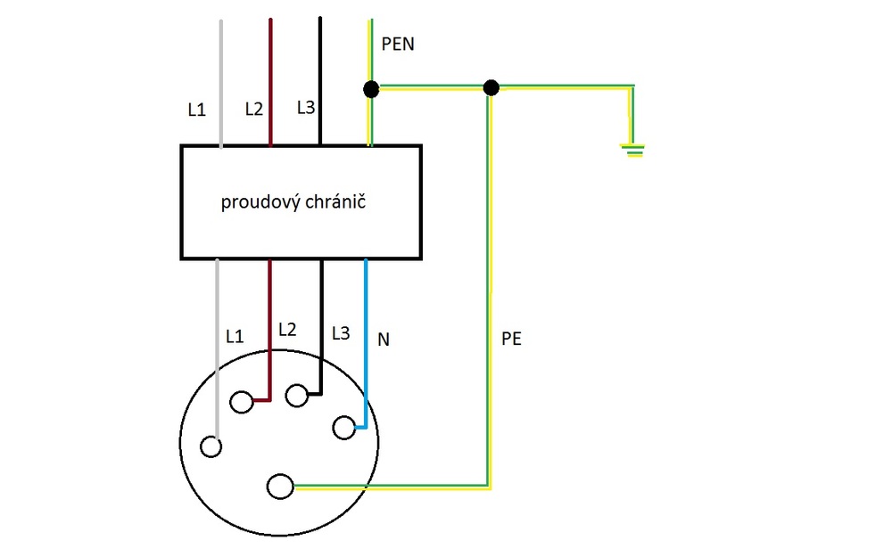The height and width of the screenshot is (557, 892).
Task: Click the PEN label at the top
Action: pos(397,44)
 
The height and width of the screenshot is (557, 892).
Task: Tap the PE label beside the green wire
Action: pos(512,339)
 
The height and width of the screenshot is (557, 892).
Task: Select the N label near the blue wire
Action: pos(384,340)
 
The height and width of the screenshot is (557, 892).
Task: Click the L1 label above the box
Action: pos(196,111)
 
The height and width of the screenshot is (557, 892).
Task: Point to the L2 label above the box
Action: pos(254,110)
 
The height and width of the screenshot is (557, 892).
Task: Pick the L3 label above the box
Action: pos(306,108)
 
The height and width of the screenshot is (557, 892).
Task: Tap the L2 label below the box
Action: pos(287,329)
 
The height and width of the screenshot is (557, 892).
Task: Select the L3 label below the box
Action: pos(340,333)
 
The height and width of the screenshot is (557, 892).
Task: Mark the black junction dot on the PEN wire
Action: pos(371,89)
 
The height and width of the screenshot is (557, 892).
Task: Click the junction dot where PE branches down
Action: pos(490,87)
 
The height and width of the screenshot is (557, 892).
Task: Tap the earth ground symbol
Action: pos(634,150)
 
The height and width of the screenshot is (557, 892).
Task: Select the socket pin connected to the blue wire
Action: pos(343,429)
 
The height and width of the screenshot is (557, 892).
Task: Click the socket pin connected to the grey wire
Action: pos(211,446)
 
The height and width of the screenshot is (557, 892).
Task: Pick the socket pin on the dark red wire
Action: pos(241,403)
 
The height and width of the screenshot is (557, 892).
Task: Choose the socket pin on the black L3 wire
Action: pos(297,394)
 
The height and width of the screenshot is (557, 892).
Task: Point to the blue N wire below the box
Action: pos(366,339)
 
